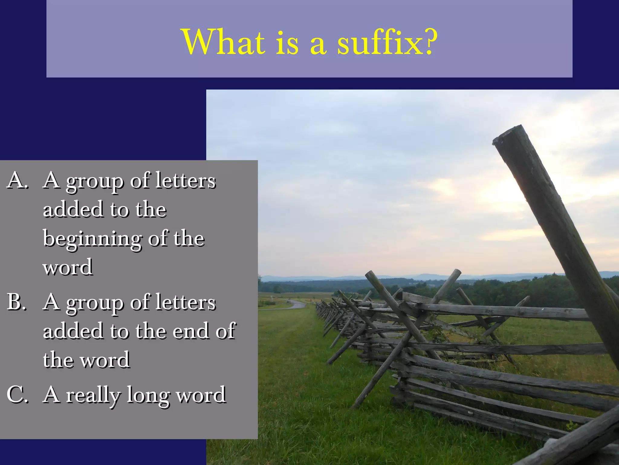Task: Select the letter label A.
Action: pyautogui.click(x=18, y=181)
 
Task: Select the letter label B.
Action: pyautogui.click(x=17, y=302)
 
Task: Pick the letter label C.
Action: pyautogui.click(x=18, y=395)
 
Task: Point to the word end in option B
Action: pyautogui.click(x=191, y=331)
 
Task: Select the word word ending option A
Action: pyautogui.click(x=68, y=268)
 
